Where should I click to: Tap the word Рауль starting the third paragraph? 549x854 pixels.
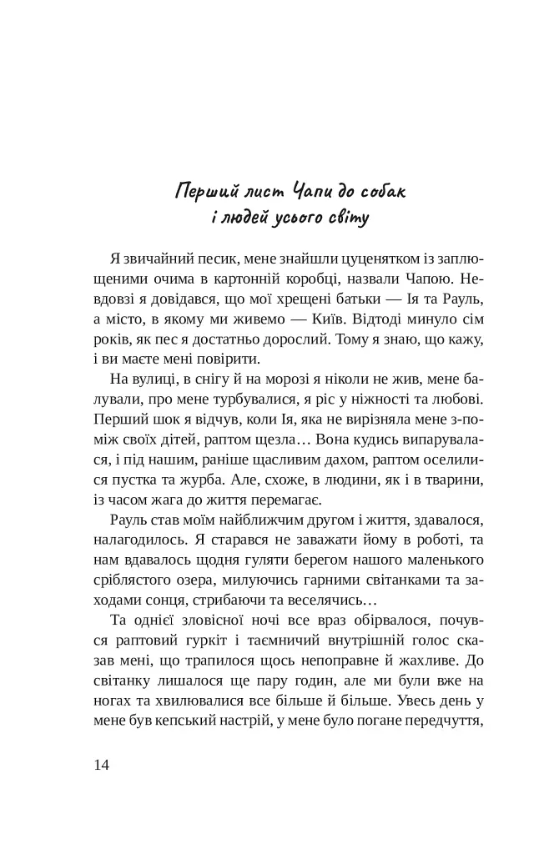128,520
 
